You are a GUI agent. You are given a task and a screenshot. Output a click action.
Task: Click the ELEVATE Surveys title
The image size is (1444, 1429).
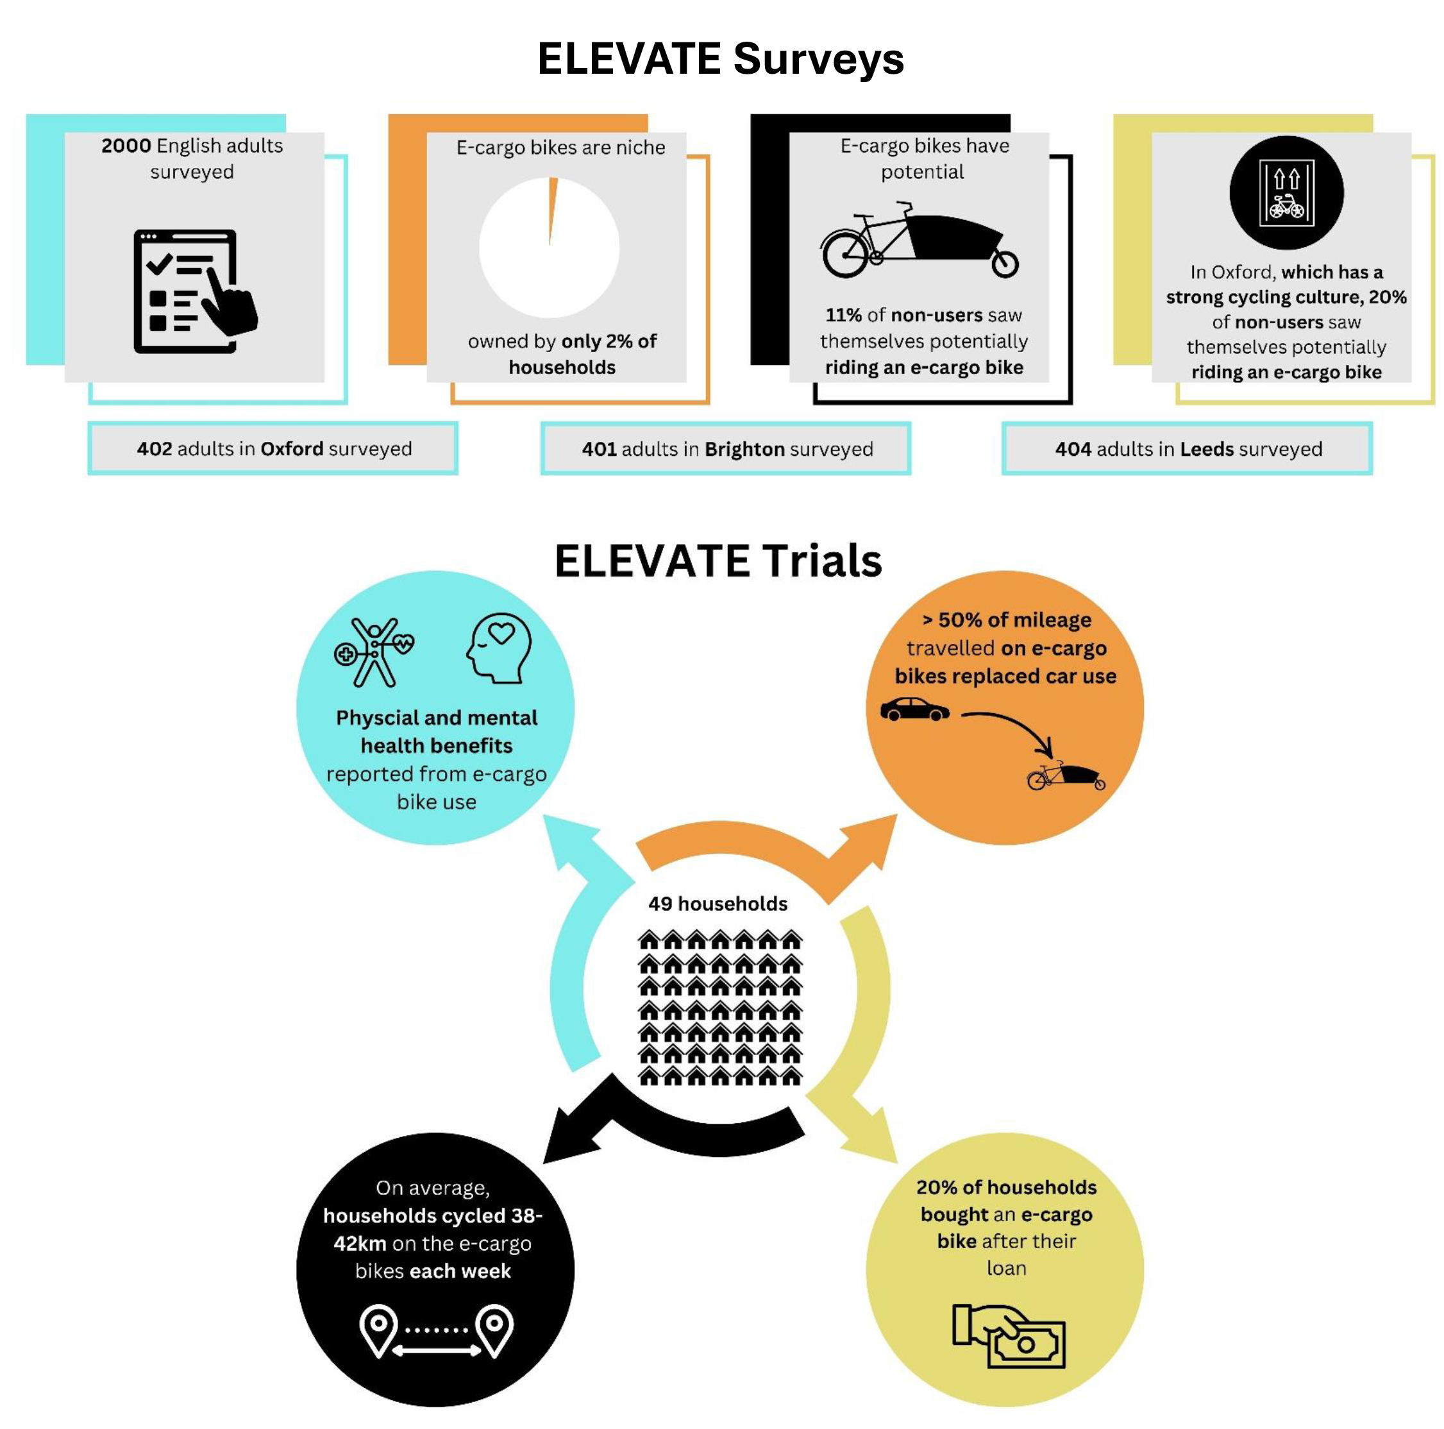pos(721,59)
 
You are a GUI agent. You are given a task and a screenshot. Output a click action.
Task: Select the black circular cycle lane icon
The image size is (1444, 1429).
pos(1286,192)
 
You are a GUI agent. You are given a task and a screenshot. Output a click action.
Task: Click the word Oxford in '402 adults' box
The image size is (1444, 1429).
pos(292,449)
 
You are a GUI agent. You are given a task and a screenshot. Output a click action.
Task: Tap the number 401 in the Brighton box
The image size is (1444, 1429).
pos(599,449)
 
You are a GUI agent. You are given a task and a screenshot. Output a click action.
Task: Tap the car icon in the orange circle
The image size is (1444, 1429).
pos(914,709)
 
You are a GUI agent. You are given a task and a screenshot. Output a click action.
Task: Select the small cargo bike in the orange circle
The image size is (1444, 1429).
pos(1066,776)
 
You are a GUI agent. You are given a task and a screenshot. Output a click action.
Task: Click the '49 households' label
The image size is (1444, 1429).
pos(718,903)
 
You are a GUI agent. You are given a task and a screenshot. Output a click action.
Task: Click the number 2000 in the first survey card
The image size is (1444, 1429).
pos(126,145)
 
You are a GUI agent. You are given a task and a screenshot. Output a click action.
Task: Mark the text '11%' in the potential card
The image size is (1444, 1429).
pos(843,315)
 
